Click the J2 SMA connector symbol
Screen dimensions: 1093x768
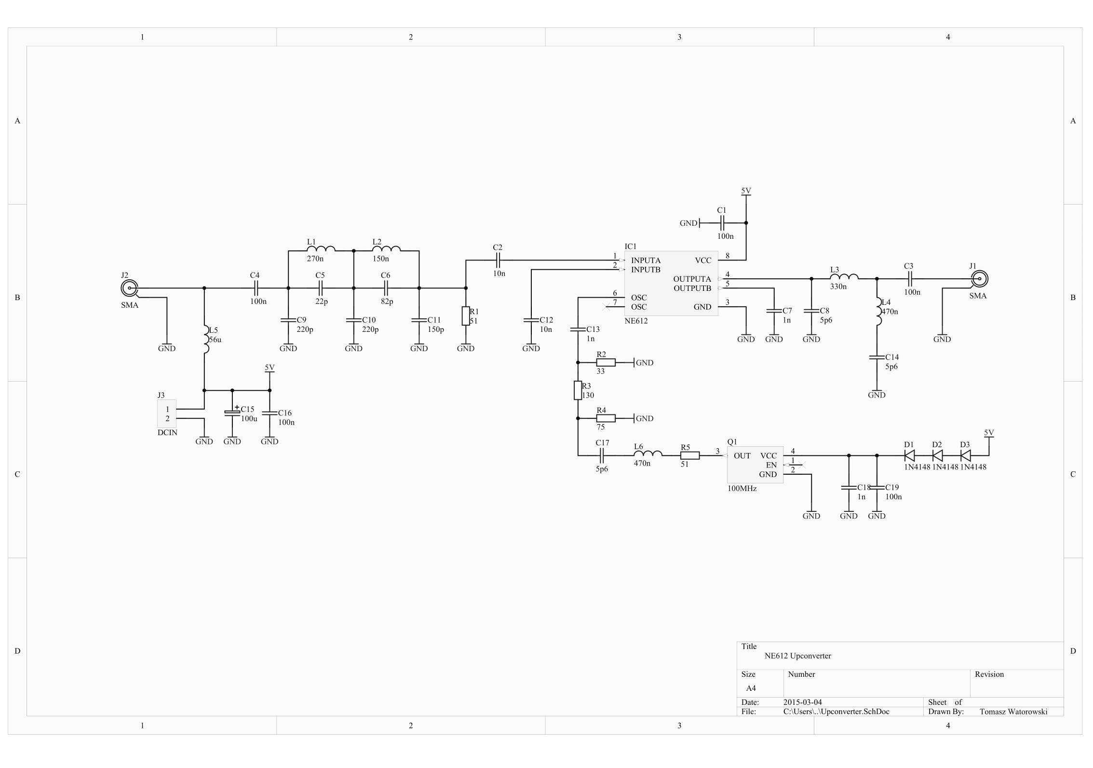coord(129,288)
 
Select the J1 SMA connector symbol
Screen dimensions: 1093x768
coord(979,279)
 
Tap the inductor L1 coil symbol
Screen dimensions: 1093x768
coord(321,249)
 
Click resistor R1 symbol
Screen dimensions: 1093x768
coord(465,316)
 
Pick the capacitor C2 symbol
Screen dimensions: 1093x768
coord(498,261)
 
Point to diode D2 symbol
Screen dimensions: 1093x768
coord(937,455)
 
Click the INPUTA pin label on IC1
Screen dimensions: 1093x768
coord(646,261)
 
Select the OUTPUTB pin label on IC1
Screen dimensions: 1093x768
coord(692,288)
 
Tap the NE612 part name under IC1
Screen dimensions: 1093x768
coord(636,321)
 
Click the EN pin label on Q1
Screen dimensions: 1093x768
coord(771,465)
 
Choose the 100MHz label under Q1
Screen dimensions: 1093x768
coord(742,488)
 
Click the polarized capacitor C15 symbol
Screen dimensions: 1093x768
coord(232,413)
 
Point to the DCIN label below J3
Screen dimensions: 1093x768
coord(167,433)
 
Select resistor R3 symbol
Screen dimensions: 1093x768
coord(578,390)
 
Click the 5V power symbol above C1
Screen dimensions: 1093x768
coord(746,192)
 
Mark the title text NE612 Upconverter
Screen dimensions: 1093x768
coord(798,656)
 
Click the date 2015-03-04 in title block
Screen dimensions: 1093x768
coord(803,702)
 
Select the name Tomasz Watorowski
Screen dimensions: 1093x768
coord(1013,712)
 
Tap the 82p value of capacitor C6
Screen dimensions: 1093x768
coord(387,302)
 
